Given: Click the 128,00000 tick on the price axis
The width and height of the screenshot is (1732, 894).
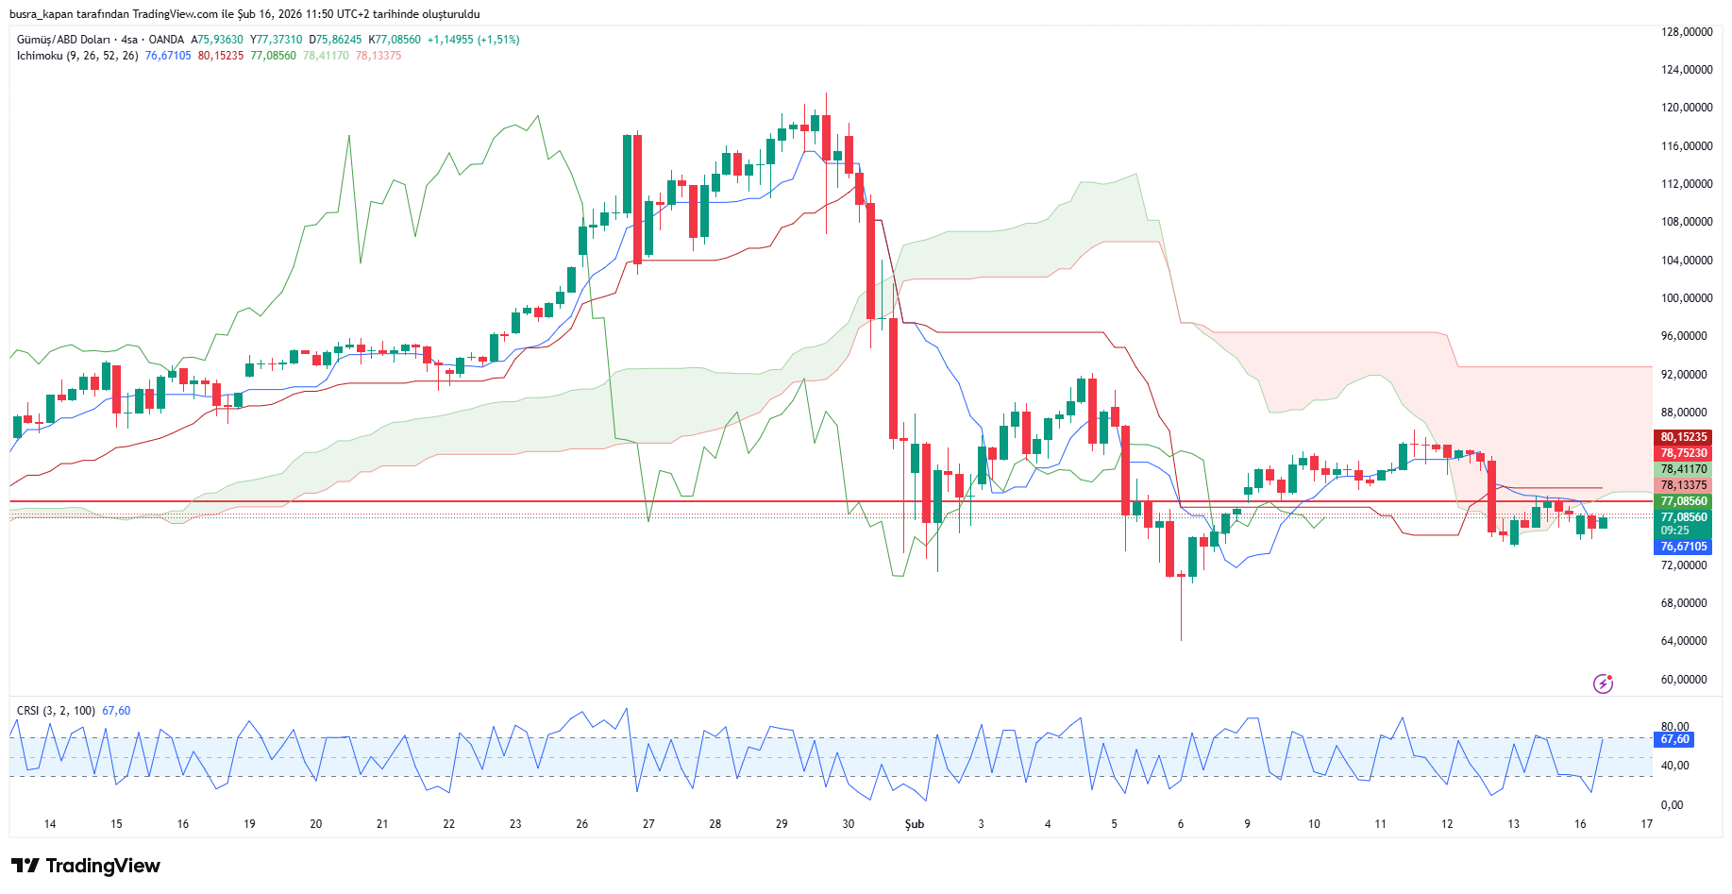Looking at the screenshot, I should point(1687,32).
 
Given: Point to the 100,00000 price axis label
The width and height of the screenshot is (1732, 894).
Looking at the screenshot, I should point(1687,298).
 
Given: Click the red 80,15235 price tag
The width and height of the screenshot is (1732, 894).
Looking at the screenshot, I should point(1684,437).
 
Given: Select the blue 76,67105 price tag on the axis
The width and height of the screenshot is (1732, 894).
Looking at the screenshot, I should point(1684,547).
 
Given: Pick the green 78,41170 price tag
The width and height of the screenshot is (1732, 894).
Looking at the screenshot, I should point(1684,469).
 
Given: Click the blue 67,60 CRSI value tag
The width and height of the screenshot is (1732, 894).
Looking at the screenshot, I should point(1675,739).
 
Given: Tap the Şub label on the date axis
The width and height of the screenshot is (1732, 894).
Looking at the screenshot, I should point(915,824).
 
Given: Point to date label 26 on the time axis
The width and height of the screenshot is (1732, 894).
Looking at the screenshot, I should point(582,824).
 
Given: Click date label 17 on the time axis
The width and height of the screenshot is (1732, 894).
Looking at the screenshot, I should point(1647,824).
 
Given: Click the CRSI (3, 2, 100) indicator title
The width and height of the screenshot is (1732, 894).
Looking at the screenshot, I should point(56,711).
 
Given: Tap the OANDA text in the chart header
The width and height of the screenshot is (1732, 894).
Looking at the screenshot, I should point(166,40).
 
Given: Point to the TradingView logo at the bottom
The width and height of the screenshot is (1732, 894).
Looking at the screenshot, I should point(86,866).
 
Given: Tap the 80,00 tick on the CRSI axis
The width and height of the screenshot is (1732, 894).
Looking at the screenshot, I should point(1675,727).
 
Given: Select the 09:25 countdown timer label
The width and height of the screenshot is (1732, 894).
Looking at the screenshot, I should point(1675,531).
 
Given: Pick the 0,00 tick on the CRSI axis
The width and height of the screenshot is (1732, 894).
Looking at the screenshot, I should point(1672,805).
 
